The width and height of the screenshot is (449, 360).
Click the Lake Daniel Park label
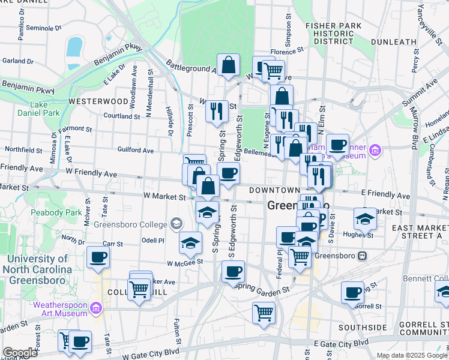(45, 109)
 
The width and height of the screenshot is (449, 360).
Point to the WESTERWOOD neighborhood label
(98, 101)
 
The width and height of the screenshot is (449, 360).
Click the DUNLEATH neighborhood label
(393, 42)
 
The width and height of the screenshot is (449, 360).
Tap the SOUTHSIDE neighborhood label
(362, 328)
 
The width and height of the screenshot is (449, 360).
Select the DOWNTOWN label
(274, 190)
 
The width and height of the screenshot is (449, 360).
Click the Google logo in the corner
(20, 353)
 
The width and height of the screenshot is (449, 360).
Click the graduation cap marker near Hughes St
(365, 218)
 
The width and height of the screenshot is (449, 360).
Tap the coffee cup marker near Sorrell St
(353, 292)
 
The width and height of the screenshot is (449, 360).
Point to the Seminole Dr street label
(41, 28)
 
